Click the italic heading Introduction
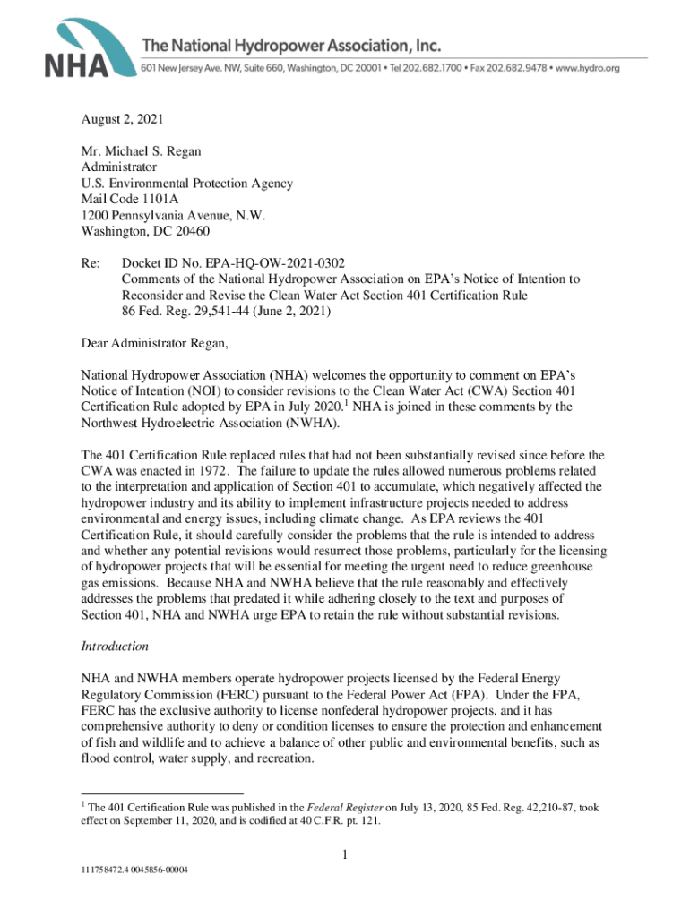click(114, 646)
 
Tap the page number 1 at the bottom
click(345, 855)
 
